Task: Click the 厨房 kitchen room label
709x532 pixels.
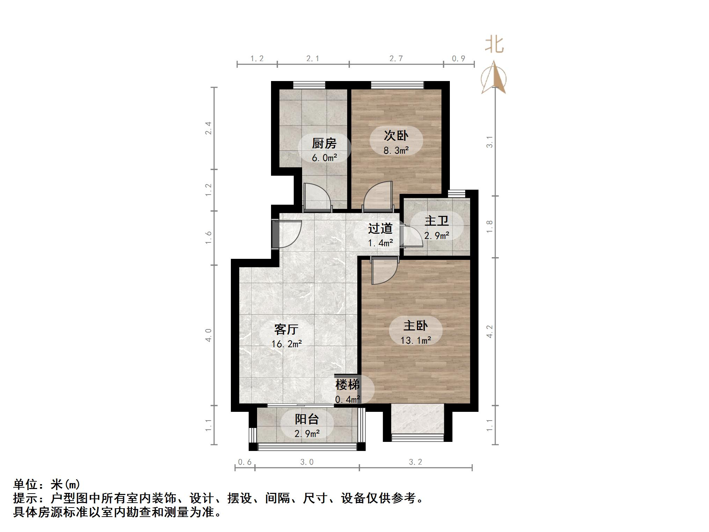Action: (x=324, y=143)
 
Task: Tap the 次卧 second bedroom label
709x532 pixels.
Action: (x=396, y=136)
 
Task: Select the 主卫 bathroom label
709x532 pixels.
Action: (x=437, y=221)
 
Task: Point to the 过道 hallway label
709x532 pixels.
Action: (x=380, y=228)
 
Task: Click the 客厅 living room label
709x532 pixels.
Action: (x=286, y=329)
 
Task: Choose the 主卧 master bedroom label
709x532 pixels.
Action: (x=416, y=326)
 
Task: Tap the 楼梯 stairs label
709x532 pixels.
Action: (x=347, y=385)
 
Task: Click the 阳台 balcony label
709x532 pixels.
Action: (x=307, y=419)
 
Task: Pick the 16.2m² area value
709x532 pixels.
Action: (x=286, y=344)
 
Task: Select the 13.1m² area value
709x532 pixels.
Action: (x=416, y=340)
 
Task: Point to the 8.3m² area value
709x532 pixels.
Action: (x=396, y=151)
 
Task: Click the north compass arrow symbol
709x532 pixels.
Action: (x=494, y=78)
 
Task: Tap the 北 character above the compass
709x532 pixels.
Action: (x=494, y=45)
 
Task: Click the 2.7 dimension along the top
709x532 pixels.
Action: (x=396, y=58)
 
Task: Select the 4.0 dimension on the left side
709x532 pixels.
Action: (x=209, y=335)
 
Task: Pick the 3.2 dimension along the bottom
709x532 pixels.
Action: (x=415, y=462)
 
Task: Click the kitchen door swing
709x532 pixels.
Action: (x=317, y=198)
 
